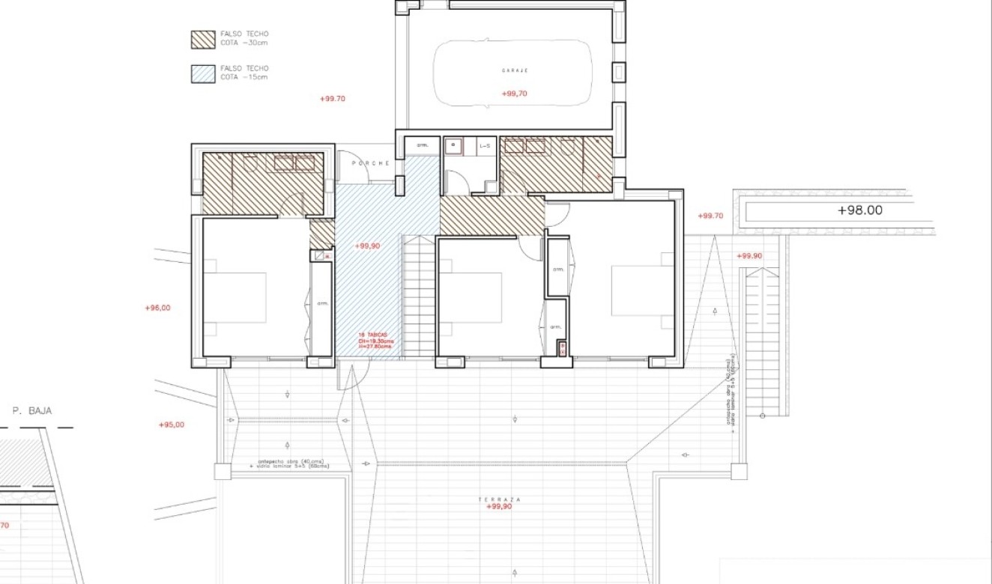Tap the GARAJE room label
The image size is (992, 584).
click(x=515, y=70)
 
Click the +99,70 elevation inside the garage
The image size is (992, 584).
click(x=514, y=94)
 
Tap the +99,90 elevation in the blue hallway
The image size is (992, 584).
click(x=367, y=246)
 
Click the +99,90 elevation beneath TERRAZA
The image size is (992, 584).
click(x=498, y=507)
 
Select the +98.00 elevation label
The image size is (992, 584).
click(x=859, y=210)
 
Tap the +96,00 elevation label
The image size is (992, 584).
click(x=157, y=308)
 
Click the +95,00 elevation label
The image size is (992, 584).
click(x=171, y=425)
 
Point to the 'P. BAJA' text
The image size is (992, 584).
click(x=32, y=410)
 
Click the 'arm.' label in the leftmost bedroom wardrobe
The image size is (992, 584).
click(x=322, y=304)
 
